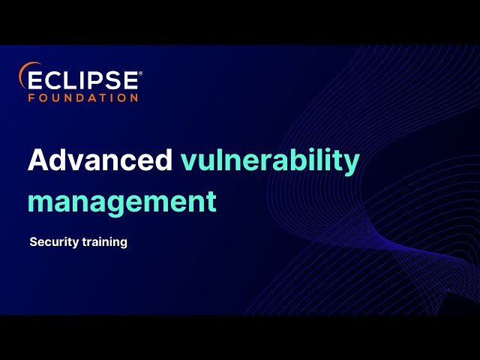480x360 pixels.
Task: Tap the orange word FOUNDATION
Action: tap(83, 97)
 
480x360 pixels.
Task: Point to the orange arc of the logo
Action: tap(23, 73)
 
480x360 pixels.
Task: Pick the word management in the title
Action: tap(122, 202)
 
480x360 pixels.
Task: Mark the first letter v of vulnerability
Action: tap(188, 163)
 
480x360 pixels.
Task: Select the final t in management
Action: tap(211, 202)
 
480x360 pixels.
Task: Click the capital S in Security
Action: tap(33, 242)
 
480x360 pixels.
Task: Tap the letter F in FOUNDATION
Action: tap(31, 97)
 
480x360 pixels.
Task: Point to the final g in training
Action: tap(123, 244)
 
